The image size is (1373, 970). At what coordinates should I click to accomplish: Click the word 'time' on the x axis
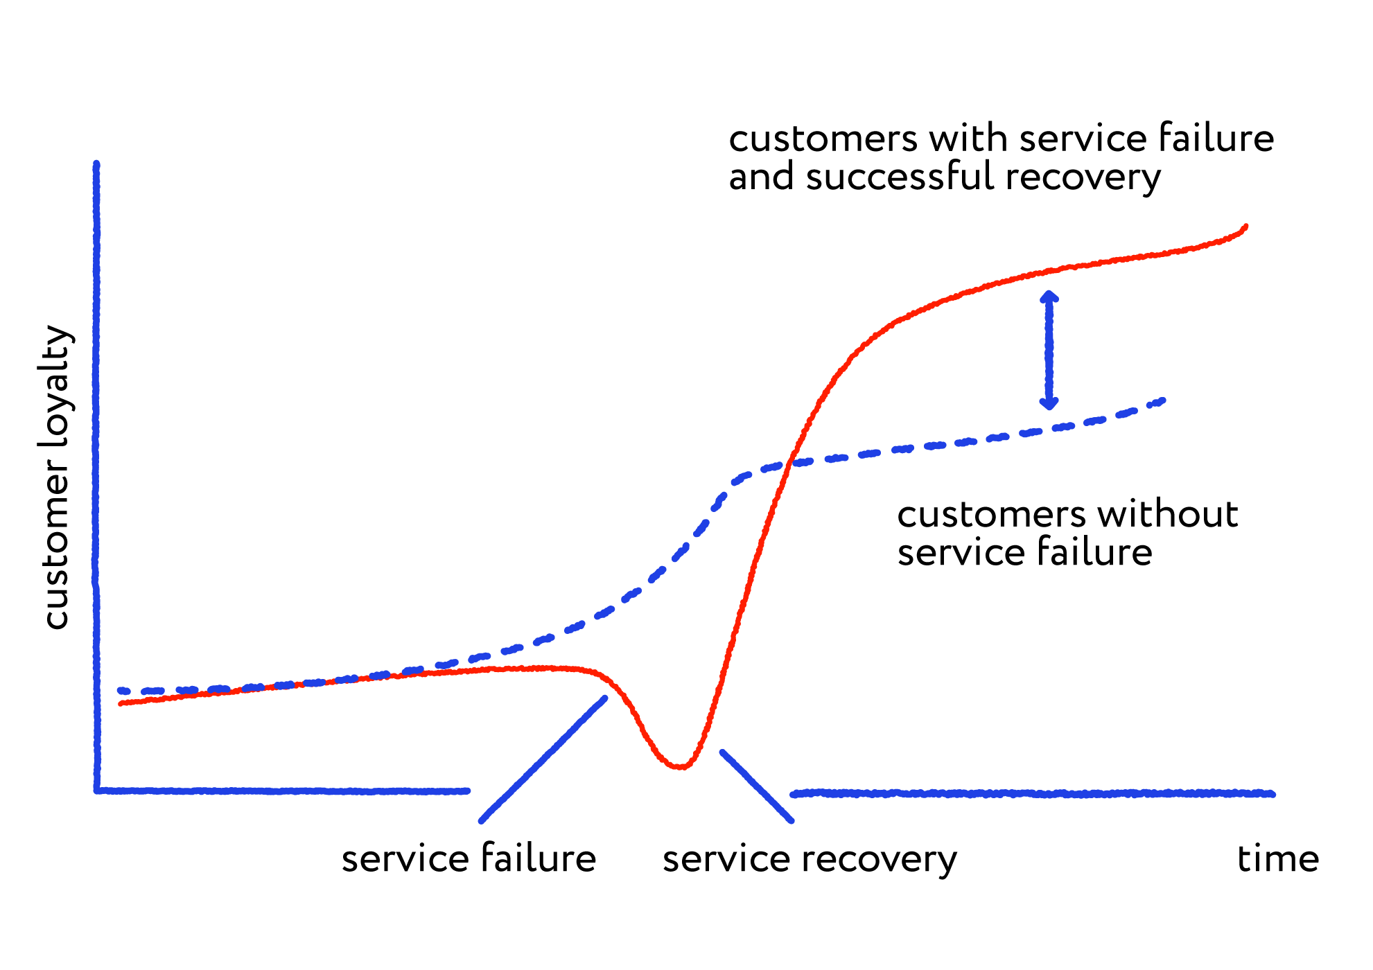coord(1278,859)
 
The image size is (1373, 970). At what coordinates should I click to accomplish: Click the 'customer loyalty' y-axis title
coord(57,477)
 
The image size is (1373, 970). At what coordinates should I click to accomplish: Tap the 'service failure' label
coord(469,858)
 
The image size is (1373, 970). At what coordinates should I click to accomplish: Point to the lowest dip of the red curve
coord(682,766)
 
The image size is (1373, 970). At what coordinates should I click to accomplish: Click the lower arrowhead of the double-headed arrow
coord(1049,403)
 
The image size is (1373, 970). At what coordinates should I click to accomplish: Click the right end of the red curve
coord(1245,227)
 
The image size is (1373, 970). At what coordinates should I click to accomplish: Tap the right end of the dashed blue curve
coord(1163,400)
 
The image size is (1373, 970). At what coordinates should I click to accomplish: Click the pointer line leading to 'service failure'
coord(543,759)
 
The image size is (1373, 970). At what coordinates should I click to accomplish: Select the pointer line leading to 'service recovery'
coord(757,786)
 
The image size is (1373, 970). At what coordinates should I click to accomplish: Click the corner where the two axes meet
coord(97,790)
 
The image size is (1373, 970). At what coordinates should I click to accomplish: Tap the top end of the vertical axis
coord(96,164)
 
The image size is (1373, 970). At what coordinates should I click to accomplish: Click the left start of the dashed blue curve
coord(121,691)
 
